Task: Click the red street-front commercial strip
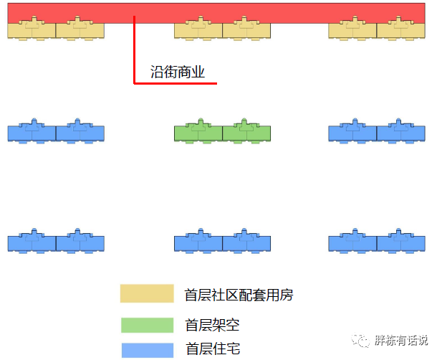287,12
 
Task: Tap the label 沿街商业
178,72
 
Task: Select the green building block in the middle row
223,133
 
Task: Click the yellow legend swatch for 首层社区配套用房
147,294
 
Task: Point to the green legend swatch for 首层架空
147,325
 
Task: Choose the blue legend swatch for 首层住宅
147,349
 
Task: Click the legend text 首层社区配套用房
239,295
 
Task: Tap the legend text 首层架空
212,325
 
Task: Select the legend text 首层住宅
212,349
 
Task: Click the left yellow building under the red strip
56,30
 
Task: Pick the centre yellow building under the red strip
223,30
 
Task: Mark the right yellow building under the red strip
377,30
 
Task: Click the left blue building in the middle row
56,133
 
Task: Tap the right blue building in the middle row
377,133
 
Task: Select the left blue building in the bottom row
56,242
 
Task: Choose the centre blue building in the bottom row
223,242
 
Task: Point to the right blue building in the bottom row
377,242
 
